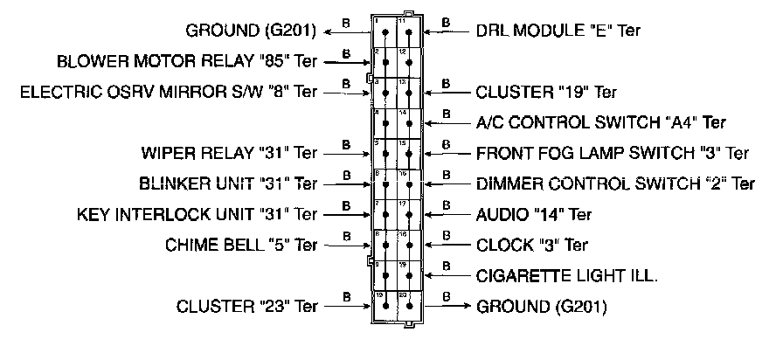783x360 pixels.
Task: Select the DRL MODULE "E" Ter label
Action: [x=558, y=31]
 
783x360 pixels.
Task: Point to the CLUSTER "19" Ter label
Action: [x=546, y=92]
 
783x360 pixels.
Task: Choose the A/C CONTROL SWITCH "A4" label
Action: [x=601, y=123]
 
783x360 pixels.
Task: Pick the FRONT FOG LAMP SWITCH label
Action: [x=613, y=154]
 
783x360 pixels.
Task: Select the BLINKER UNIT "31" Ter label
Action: [x=227, y=183]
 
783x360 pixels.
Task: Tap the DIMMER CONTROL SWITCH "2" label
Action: [x=615, y=184]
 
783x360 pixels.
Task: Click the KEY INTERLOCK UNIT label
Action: [x=197, y=213]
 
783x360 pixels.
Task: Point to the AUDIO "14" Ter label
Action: [x=534, y=214]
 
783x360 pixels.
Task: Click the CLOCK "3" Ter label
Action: [x=532, y=245]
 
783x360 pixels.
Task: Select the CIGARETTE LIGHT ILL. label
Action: [x=566, y=276]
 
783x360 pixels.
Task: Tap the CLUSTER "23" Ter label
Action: [x=246, y=307]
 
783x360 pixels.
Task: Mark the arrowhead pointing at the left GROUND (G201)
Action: [x=327, y=31]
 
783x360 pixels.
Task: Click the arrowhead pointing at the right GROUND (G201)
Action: [x=469, y=307]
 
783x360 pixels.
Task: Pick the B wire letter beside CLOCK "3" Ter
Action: [x=447, y=233]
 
